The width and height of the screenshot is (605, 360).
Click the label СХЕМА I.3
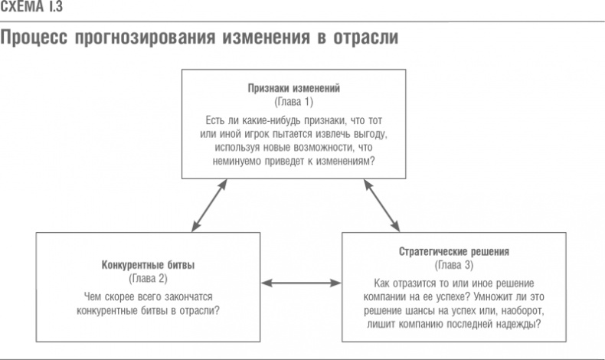[x=31, y=8]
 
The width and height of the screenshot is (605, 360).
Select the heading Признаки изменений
[x=293, y=88]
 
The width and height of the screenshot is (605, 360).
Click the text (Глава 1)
[x=293, y=102]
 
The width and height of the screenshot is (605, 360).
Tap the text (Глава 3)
[x=454, y=265]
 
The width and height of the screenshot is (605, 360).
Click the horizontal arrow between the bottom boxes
[x=301, y=285]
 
